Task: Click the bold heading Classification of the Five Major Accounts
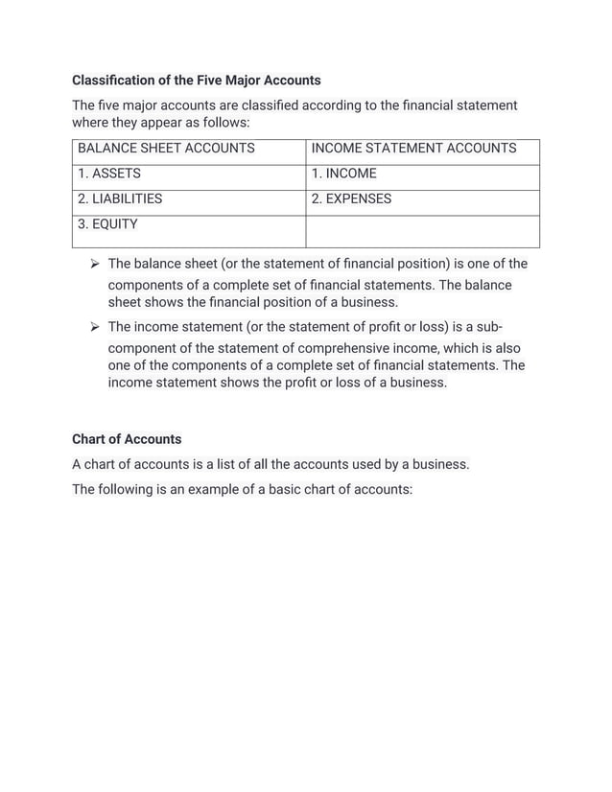click(x=196, y=80)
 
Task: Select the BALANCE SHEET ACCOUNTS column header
click(x=166, y=149)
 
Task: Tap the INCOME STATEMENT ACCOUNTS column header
click(x=413, y=149)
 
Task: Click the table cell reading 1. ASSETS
click(x=109, y=174)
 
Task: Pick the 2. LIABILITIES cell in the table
click(x=120, y=199)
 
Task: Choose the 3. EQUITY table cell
click(x=107, y=224)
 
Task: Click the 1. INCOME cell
click(x=344, y=174)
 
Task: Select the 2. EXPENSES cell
click(x=351, y=199)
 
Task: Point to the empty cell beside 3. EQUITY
click(x=422, y=231)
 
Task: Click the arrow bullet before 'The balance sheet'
click(x=94, y=264)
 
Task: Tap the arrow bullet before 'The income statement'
click(x=94, y=327)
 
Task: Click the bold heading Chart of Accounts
click(x=127, y=439)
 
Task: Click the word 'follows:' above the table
click(x=224, y=123)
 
